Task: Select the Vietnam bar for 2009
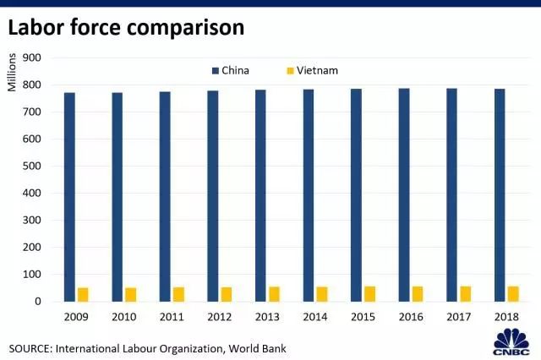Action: coord(83,294)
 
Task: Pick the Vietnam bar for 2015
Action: coord(370,293)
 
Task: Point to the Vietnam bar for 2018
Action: coord(513,293)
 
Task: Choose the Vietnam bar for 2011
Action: coord(178,294)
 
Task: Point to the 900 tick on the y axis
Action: coord(33,57)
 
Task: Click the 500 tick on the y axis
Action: coord(33,166)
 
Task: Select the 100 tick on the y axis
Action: coord(33,274)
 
